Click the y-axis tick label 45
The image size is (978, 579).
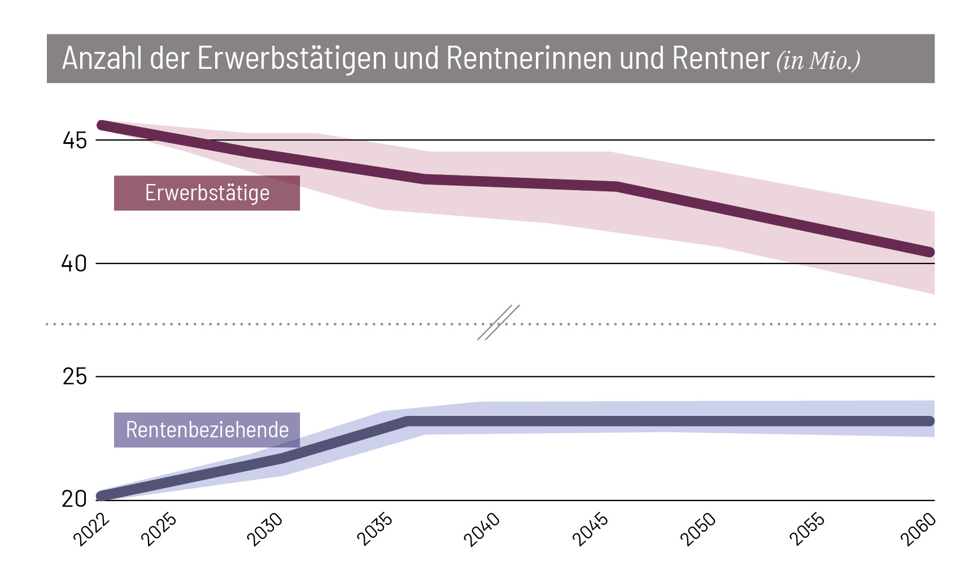click(75, 141)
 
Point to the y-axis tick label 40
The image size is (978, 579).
click(74, 264)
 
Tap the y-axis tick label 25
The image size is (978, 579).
click(75, 377)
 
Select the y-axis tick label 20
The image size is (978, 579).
click(74, 499)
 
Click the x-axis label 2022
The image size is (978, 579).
click(91, 530)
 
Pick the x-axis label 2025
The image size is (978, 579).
click(159, 530)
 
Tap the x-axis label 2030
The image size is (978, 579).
click(265, 530)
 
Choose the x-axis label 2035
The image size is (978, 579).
click(374, 530)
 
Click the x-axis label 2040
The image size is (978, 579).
click(482, 530)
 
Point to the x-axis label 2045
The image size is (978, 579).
click(591, 530)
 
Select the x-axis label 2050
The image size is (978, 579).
click(698, 530)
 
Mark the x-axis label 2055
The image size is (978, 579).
click(807, 530)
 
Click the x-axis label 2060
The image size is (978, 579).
click(918, 530)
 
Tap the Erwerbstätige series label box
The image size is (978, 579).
click(207, 193)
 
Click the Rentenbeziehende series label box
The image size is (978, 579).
click(207, 430)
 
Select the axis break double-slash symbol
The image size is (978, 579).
click(498, 323)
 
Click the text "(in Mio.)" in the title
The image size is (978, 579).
click(818, 60)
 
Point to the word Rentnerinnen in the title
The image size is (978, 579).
click(529, 58)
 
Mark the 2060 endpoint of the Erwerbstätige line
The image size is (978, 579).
click(929, 252)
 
